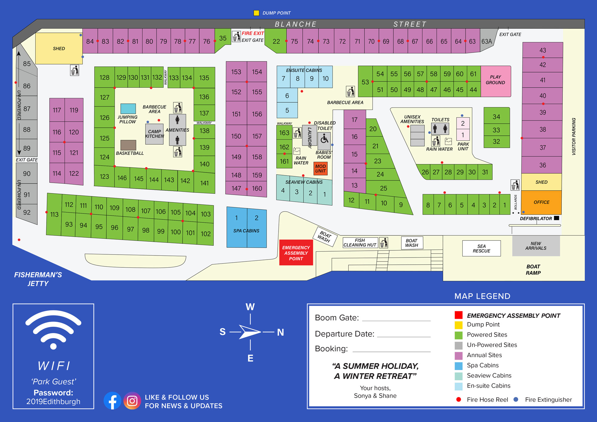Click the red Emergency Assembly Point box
[296, 252]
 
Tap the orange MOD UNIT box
[320, 169]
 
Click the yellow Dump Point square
[256, 13]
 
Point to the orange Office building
[541, 202]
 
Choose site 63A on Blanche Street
[487, 41]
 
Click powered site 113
[54, 214]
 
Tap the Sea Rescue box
[481, 248]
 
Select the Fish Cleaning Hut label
[360, 242]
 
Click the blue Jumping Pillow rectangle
[128, 109]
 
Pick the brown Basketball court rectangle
[128, 145]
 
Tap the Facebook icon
[113, 401]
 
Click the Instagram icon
[132, 401]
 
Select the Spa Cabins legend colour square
[458, 366]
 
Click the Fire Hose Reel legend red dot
[459, 399]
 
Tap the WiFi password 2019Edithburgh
[53, 401]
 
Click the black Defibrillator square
[556, 218]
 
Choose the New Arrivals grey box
[536, 246]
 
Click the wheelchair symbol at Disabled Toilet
[324, 139]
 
